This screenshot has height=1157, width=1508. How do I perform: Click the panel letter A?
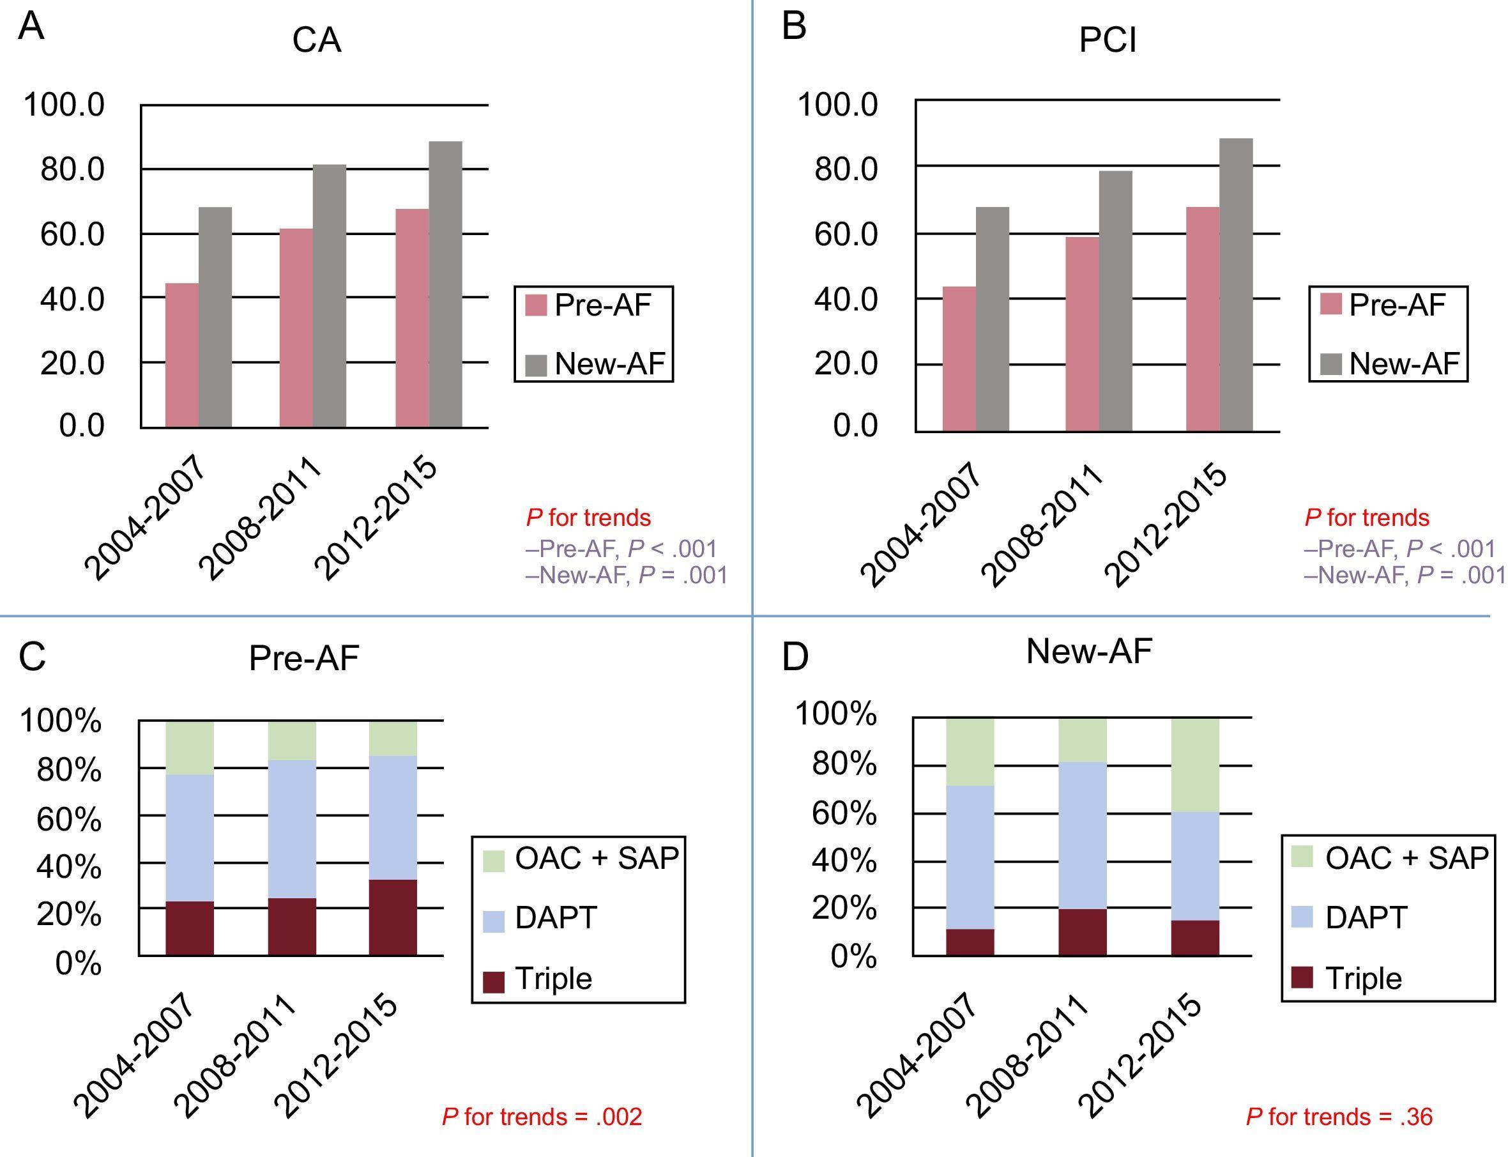click(x=31, y=27)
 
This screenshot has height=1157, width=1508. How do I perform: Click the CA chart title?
click(x=316, y=41)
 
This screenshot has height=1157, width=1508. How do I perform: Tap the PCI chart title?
click(x=1108, y=41)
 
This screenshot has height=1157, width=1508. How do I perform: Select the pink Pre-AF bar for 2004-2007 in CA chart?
click(x=182, y=355)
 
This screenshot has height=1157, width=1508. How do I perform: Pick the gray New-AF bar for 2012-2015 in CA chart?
click(x=446, y=284)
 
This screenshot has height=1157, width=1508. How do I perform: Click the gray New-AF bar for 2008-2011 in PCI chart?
click(x=1115, y=301)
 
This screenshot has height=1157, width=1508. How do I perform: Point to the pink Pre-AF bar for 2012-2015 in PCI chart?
click(x=1202, y=319)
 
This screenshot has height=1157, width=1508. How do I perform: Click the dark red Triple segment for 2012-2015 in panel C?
click(x=393, y=917)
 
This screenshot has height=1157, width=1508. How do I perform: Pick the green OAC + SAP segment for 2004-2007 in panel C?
click(x=189, y=748)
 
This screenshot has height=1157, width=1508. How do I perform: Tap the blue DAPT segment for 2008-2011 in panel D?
click(x=1083, y=836)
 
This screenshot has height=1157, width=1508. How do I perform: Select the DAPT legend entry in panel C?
click(x=540, y=918)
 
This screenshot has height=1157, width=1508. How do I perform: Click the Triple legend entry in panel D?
click(x=1350, y=979)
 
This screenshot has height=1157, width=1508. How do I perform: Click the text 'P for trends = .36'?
click(x=1339, y=1117)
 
